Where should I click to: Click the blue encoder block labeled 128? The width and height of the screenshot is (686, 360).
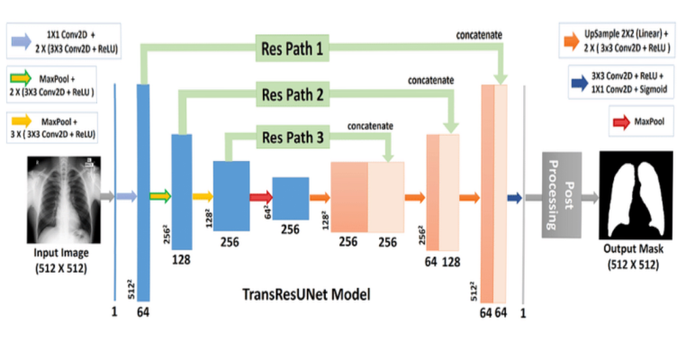[182, 191]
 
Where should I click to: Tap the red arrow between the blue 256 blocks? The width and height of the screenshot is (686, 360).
[259, 195]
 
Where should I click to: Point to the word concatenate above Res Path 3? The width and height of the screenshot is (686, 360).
[369, 125]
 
